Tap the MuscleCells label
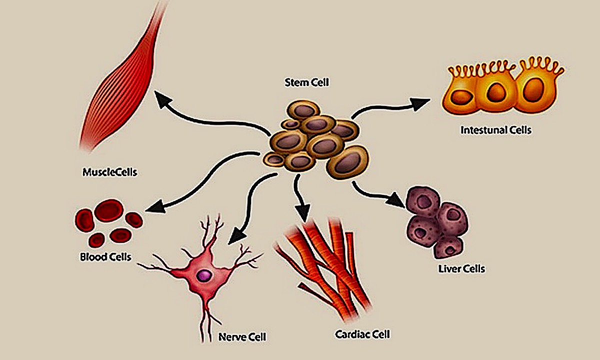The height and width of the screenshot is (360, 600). point(110,172)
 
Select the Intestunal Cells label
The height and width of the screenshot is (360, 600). point(495,130)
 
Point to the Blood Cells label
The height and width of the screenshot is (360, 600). point(105,257)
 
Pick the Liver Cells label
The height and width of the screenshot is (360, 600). point(460,269)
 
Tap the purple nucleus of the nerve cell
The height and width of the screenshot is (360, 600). point(203,274)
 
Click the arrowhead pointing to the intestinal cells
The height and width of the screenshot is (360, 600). point(421,102)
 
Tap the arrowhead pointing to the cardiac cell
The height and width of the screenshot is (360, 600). point(303,213)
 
